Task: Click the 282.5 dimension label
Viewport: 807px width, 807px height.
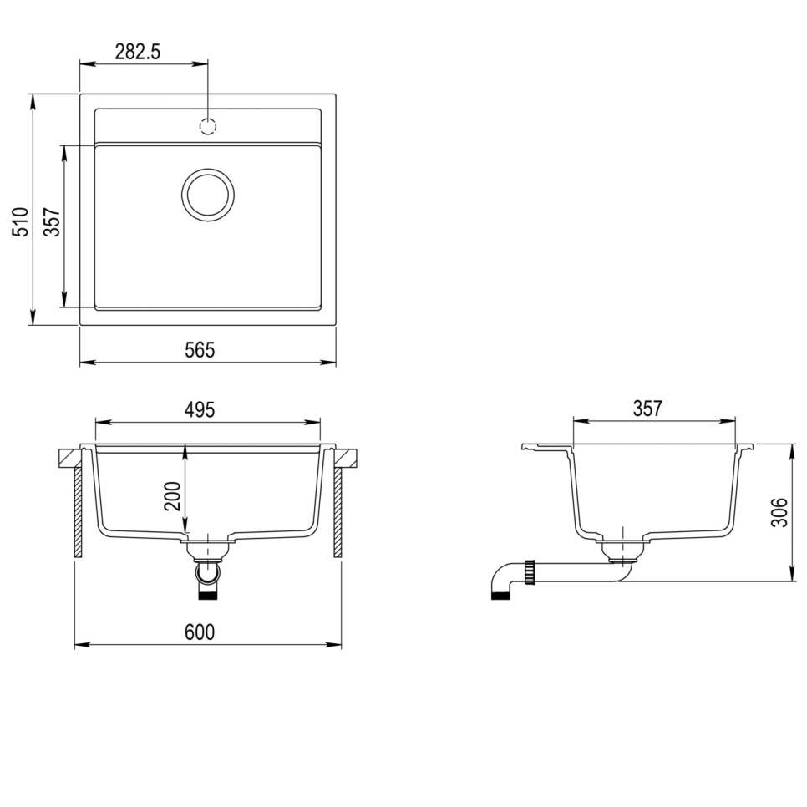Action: (x=137, y=51)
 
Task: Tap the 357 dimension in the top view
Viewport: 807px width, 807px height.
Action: (x=52, y=222)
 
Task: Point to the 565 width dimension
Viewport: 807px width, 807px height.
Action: (x=200, y=350)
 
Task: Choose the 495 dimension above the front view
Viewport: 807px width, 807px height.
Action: (x=200, y=409)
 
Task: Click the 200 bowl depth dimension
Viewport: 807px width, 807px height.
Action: (x=172, y=495)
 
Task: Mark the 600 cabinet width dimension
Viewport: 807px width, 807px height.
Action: (x=200, y=632)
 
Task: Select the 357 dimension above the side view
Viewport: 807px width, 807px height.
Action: (x=647, y=409)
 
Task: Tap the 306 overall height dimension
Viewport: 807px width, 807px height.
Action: (x=779, y=512)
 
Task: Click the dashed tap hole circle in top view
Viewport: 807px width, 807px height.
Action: (x=208, y=126)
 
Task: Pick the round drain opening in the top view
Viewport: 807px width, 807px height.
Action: (x=208, y=195)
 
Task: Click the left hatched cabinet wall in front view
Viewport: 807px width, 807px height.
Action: (x=78, y=511)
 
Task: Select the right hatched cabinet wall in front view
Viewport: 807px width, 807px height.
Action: (x=338, y=511)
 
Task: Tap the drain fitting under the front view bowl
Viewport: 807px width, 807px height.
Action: (x=207, y=549)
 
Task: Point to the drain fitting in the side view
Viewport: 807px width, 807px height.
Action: (x=620, y=548)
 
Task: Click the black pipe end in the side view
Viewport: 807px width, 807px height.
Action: (x=499, y=595)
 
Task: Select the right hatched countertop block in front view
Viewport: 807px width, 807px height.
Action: (x=347, y=458)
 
